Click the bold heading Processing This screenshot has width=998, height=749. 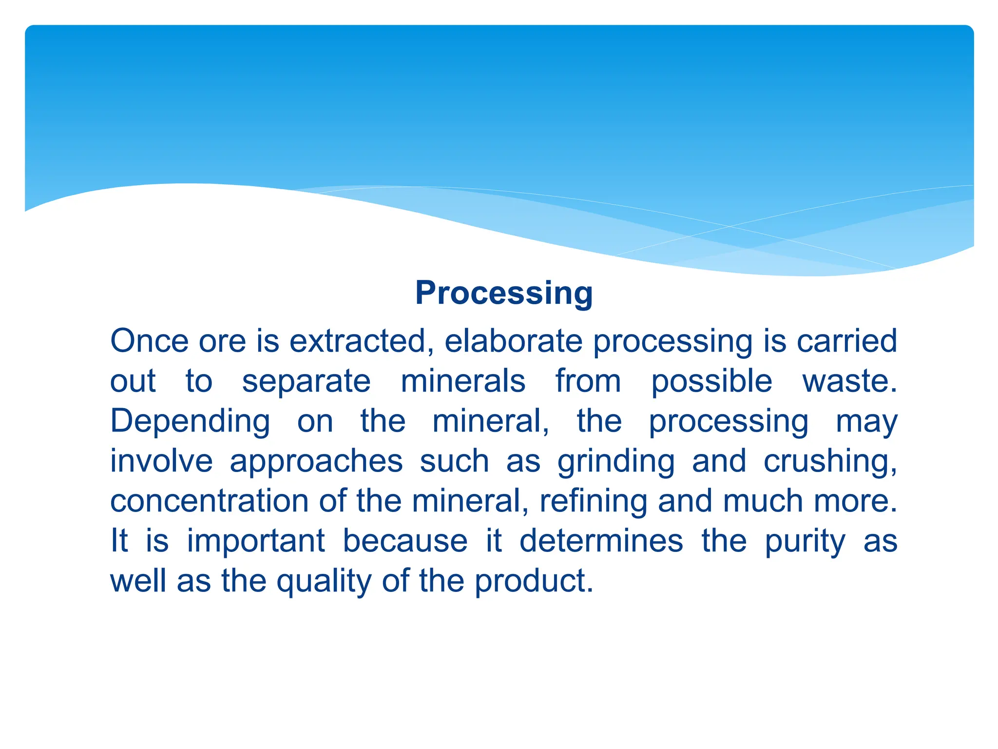click(x=504, y=293)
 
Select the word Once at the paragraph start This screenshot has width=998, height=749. click(x=149, y=341)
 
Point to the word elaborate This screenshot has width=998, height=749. click(x=513, y=341)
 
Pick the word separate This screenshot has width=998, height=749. click(x=306, y=381)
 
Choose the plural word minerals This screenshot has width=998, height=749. click(x=463, y=381)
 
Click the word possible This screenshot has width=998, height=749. click(x=711, y=382)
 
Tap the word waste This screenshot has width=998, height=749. click(x=849, y=381)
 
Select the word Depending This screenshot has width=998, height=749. click(x=190, y=422)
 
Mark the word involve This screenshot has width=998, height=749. click(x=161, y=461)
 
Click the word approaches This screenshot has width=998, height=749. click(x=316, y=462)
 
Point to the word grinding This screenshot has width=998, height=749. click(x=616, y=462)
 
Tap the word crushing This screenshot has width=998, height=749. click(x=830, y=462)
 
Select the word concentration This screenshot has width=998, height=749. click(x=210, y=501)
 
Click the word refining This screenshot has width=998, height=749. click(x=593, y=502)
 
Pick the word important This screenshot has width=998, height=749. click(x=256, y=542)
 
